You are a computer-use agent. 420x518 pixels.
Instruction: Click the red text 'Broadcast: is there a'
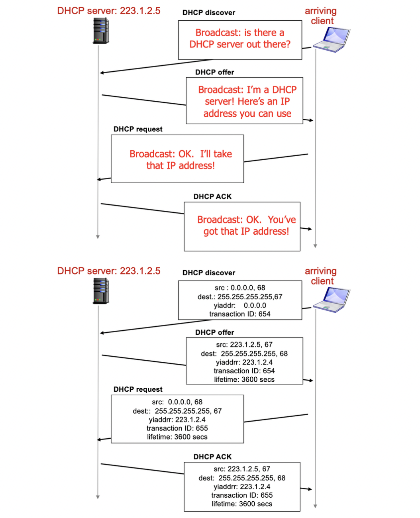pyautogui.click(x=239, y=33)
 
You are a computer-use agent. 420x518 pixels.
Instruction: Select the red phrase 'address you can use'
pyautogui.click(x=247, y=114)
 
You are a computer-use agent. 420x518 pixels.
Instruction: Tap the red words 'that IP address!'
pyautogui.click(x=180, y=165)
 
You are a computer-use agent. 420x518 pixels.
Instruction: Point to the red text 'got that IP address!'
pyautogui.click(x=246, y=232)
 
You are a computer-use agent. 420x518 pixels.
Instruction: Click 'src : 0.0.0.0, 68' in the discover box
pyautogui.click(x=239, y=288)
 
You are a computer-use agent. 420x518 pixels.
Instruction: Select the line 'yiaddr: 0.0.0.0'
pyautogui.click(x=239, y=306)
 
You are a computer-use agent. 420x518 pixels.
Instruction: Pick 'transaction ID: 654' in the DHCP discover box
pyautogui.click(x=239, y=314)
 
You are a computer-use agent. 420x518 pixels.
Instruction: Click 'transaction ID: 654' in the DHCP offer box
pyautogui.click(x=244, y=371)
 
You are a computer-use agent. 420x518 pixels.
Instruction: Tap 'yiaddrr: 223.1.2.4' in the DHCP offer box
pyautogui.click(x=244, y=362)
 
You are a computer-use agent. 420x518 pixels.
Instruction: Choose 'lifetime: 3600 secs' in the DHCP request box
pyautogui.click(x=177, y=437)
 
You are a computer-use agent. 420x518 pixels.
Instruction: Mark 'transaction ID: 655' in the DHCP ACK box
pyautogui.click(x=242, y=495)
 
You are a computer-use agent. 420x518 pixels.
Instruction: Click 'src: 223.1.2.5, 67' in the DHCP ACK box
pyautogui.click(x=242, y=469)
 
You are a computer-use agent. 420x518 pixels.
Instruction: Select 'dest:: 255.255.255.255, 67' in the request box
pyautogui.click(x=177, y=411)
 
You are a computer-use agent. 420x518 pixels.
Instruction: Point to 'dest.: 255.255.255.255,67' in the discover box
pyautogui.click(x=239, y=297)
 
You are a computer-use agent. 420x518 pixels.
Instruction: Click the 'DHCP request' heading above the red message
pyautogui.click(x=138, y=129)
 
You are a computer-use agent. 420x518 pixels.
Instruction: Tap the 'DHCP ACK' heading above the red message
pyautogui.click(x=212, y=196)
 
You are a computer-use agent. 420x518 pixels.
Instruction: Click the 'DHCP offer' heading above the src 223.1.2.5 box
pyautogui.click(x=214, y=332)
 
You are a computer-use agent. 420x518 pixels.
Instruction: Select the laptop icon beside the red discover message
pyautogui.click(x=331, y=40)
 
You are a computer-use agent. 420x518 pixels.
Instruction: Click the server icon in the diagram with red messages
pyautogui.click(x=101, y=31)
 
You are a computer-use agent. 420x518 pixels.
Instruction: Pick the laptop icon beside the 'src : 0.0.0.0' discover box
pyautogui.click(x=331, y=300)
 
